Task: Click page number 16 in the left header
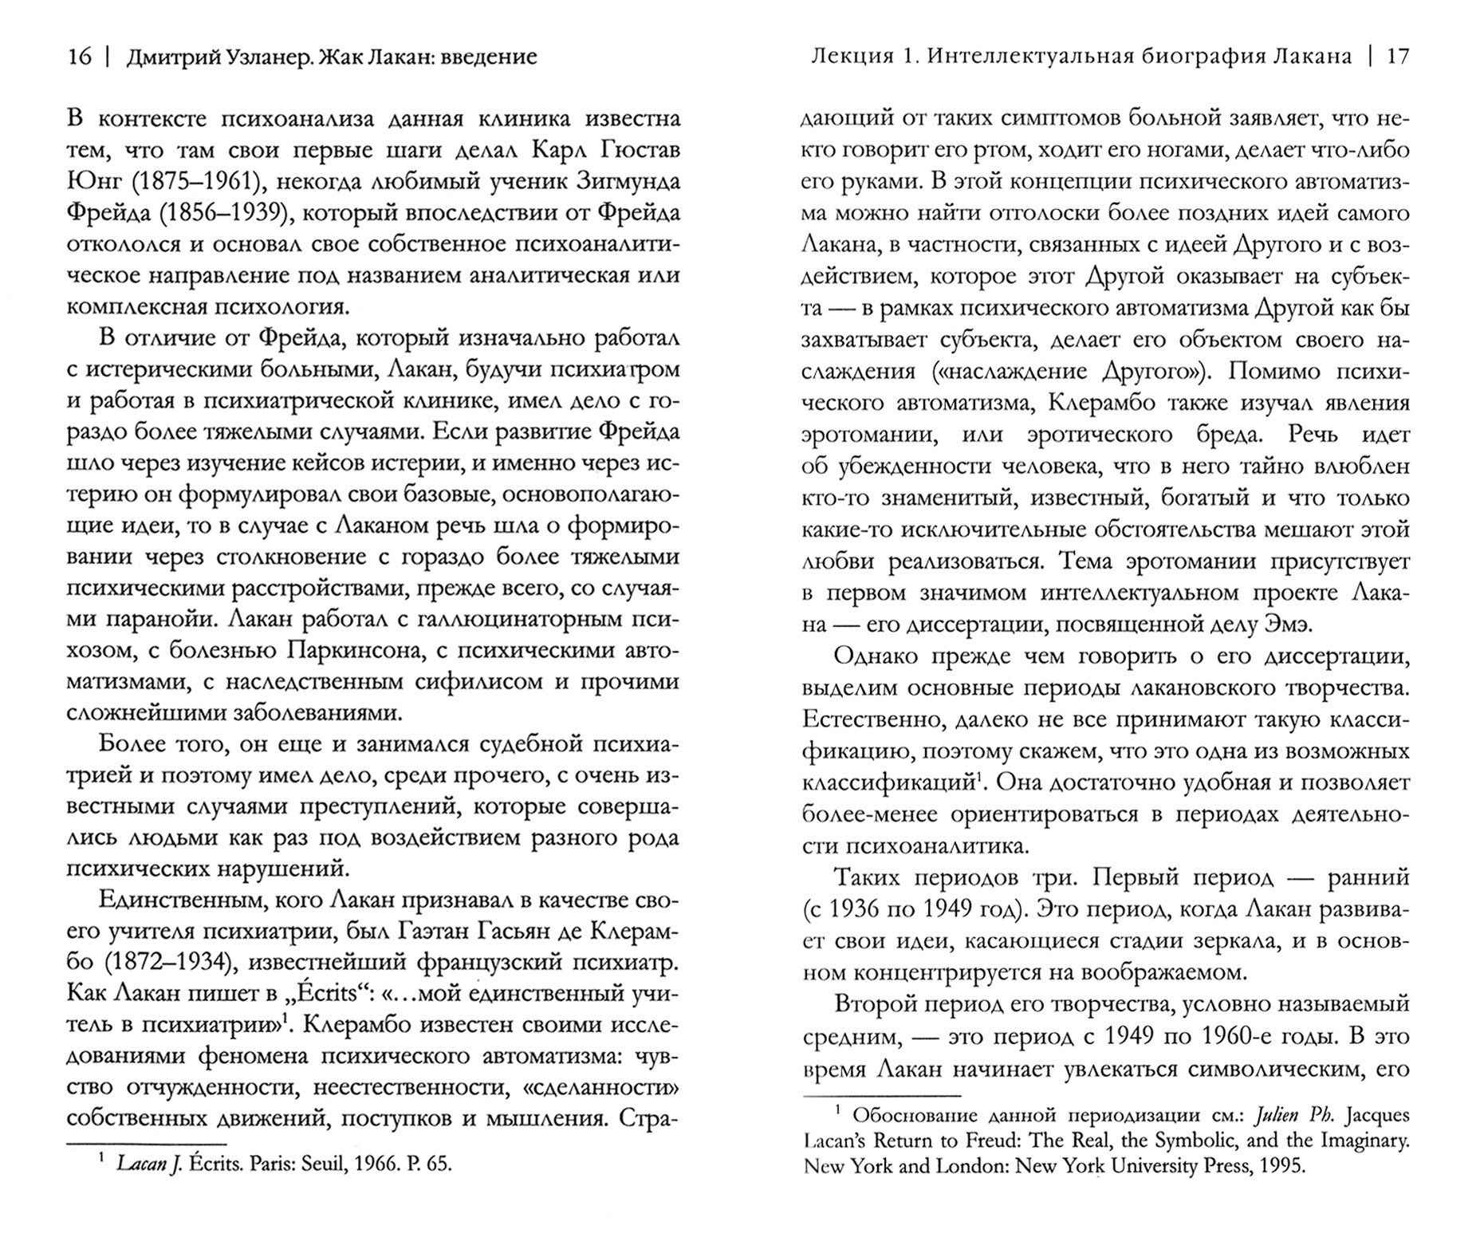click(x=81, y=57)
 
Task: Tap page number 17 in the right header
click(x=1399, y=57)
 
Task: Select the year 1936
click(x=858, y=909)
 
